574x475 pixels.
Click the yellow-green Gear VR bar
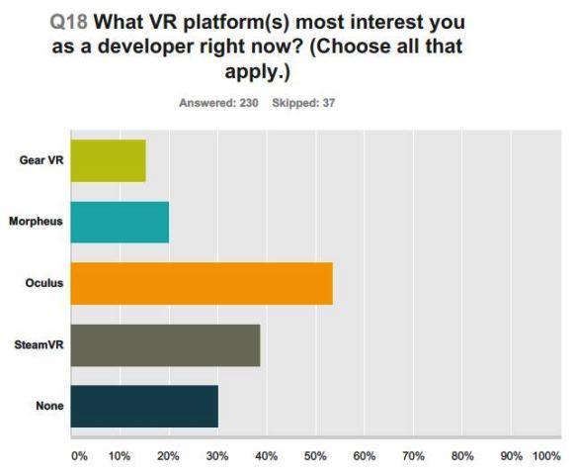(x=108, y=160)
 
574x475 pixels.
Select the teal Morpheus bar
(x=120, y=222)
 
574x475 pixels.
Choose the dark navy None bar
(x=144, y=406)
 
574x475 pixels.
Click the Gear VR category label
(x=41, y=160)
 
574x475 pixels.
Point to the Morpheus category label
(x=37, y=222)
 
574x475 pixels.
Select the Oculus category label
(x=44, y=283)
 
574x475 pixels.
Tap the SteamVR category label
(x=39, y=344)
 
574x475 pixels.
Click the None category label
(x=49, y=406)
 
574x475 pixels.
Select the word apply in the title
(x=284, y=73)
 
